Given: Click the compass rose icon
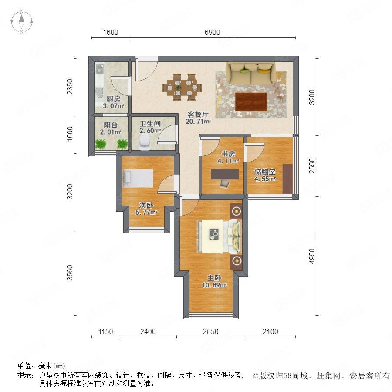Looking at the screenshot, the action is (x=22, y=22).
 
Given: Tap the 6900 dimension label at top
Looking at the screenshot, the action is (x=212, y=33).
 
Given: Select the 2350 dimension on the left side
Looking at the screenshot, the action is (x=70, y=87).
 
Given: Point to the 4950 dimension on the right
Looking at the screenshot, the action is (x=312, y=256).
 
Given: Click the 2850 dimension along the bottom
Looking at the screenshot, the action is (x=210, y=331).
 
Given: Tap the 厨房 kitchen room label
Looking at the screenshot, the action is (x=113, y=99).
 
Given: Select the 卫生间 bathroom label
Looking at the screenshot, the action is (x=150, y=124).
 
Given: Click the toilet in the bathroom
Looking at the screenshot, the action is (x=145, y=142).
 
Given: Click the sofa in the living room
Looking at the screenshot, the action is (x=251, y=73).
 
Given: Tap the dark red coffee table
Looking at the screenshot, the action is (x=251, y=101).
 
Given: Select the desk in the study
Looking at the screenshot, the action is (x=224, y=174).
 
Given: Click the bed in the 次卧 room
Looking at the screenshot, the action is (x=138, y=178).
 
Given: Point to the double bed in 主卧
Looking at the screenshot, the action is (x=219, y=236).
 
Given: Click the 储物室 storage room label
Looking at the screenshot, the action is (x=265, y=172).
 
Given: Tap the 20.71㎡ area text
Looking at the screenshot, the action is (x=198, y=122).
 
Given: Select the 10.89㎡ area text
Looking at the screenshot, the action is (x=214, y=285).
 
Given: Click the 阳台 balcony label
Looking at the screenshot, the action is (x=111, y=125).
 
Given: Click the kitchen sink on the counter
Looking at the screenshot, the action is (x=99, y=92).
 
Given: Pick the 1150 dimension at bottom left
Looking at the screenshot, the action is (x=105, y=331).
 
